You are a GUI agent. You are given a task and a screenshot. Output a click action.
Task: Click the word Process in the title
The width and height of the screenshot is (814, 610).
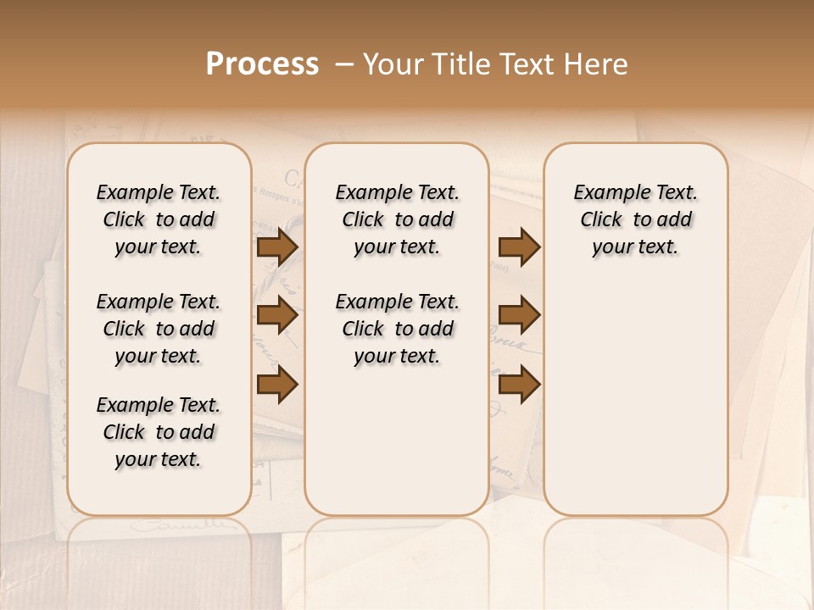[x=262, y=64]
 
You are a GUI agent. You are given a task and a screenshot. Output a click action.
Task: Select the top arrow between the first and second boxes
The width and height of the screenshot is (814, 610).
[x=277, y=247]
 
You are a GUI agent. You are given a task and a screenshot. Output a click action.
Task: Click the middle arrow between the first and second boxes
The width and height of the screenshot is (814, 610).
[x=277, y=316]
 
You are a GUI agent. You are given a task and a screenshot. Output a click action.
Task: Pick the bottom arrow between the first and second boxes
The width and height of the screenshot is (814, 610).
[x=277, y=385]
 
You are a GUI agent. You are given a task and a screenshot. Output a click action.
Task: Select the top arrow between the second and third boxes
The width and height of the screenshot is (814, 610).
[x=519, y=247]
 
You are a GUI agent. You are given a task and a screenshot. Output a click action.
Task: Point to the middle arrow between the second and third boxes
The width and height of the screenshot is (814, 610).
[x=519, y=316]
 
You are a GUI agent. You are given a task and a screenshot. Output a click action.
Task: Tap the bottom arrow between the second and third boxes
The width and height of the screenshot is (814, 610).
[x=519, y=385]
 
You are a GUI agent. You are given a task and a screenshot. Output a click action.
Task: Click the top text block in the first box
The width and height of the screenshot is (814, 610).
[x=159, y=219]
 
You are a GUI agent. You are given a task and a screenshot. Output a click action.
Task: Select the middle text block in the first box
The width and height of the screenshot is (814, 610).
[x=159, y=329]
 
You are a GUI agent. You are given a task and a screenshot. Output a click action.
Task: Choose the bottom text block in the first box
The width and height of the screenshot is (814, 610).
[x=159, y=432]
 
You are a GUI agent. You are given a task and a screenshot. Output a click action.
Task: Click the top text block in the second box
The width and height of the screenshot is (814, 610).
[x=397, y=219]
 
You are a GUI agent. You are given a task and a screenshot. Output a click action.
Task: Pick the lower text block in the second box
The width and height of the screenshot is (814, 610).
[x=397, y=329]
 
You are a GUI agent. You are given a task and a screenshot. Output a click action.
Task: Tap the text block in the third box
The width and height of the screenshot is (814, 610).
[x=636, y=219]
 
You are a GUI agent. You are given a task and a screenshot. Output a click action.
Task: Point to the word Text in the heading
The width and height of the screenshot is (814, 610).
[x=525, y=64]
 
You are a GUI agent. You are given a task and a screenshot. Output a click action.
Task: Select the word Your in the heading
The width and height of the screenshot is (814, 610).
[x=393, y=64]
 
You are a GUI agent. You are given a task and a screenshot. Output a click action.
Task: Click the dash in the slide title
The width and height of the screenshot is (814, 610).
[x=343, y=64]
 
